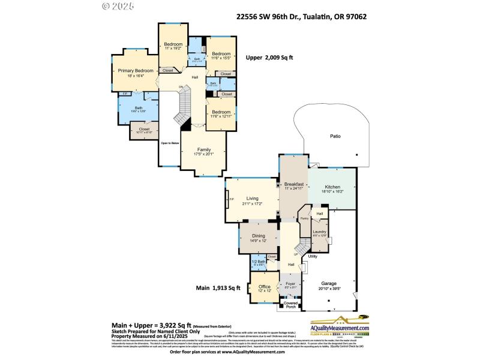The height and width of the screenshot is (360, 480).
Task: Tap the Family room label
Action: point(203,149)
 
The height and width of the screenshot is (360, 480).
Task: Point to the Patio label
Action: point(335,137)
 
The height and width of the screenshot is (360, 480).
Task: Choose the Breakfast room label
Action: point(294,184)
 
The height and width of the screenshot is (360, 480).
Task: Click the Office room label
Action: point(265,287)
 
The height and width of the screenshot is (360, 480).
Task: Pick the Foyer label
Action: point(290,283)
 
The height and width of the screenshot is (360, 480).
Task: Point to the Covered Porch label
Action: point(290,305)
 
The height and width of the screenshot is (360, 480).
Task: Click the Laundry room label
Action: point(319,232)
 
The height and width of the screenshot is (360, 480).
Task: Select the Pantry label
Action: point(304,218)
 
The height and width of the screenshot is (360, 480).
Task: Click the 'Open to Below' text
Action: point(169,143)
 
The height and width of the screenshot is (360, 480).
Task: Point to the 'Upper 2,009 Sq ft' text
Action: point(269,58)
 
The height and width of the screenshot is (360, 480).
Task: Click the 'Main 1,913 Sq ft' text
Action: point(218,288)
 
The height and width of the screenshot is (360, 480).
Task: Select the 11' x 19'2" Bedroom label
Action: point(172,46)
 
